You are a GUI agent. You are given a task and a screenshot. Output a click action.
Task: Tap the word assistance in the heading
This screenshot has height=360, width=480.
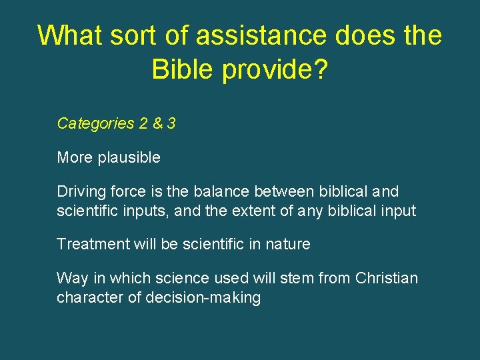point(251,35)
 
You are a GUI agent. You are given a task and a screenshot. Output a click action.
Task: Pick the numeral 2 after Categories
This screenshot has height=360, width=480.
point(143,123)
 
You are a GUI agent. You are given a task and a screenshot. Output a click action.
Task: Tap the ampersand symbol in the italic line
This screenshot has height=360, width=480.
point(158,123)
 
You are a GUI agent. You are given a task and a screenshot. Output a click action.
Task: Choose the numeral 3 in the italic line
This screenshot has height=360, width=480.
point(171,123)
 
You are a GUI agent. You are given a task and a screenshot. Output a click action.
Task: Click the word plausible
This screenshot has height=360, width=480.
point(129,158)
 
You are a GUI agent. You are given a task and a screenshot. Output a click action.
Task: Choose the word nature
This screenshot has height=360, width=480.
point(288,244)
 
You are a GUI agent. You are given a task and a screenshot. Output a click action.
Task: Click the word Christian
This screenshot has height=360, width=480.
point(387,278)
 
